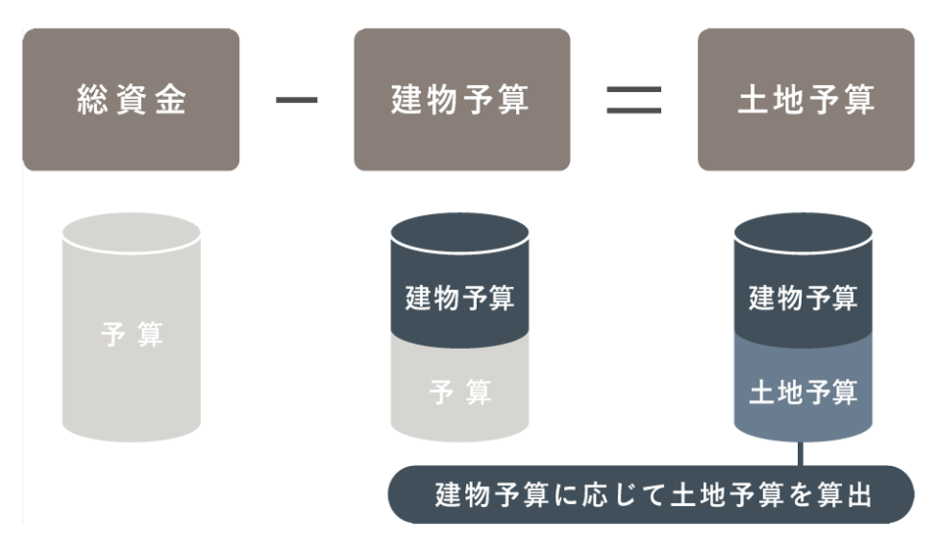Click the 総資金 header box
click(x=131, y=100)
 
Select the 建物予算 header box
click(x=461, y=100)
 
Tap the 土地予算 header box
click(x=806, y=100)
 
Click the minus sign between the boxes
click(x=297, y=100)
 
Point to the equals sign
click(x=634, y=100)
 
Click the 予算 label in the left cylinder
click(x=131, y=335)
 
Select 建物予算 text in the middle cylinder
click(x=459, y=297)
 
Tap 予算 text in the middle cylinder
click(x=459, y=393)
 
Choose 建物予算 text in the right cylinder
click(x=803, y=297)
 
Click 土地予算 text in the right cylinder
click(x=803, y=393)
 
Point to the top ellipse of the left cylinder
click(x=131, y=233)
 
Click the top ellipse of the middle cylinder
click(x=459, y=233)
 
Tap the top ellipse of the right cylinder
click(x=803, y=233)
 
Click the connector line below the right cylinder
click(x=801, y=454)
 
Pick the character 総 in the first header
click(x=91, y=101)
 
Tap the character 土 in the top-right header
click(x=751, y=101)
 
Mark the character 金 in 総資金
click(x=171, y=101)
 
